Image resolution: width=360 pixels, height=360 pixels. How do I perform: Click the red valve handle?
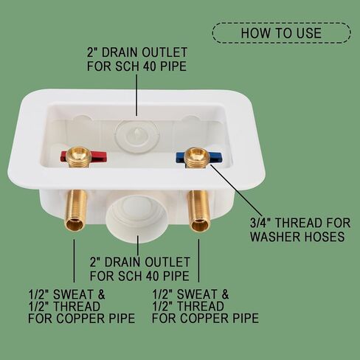[83, 156]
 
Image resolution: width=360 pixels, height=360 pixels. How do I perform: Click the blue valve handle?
[198, 157]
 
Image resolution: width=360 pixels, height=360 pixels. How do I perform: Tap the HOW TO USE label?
[281, 33]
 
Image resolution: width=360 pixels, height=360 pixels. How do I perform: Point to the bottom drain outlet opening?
[137, 218]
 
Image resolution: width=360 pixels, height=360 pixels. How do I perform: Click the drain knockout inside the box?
[138, 135]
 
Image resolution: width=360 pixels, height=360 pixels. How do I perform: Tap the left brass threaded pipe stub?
[77, 210]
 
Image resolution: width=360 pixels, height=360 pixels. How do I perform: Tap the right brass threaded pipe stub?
[199, 210]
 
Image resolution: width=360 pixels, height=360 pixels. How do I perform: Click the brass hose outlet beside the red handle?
[78, 157]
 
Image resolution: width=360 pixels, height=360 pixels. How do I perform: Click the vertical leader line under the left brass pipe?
[74, 260]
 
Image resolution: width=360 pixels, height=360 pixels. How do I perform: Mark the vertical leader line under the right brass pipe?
[198, 260]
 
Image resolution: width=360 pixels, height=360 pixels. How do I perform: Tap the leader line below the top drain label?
[136, 95]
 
